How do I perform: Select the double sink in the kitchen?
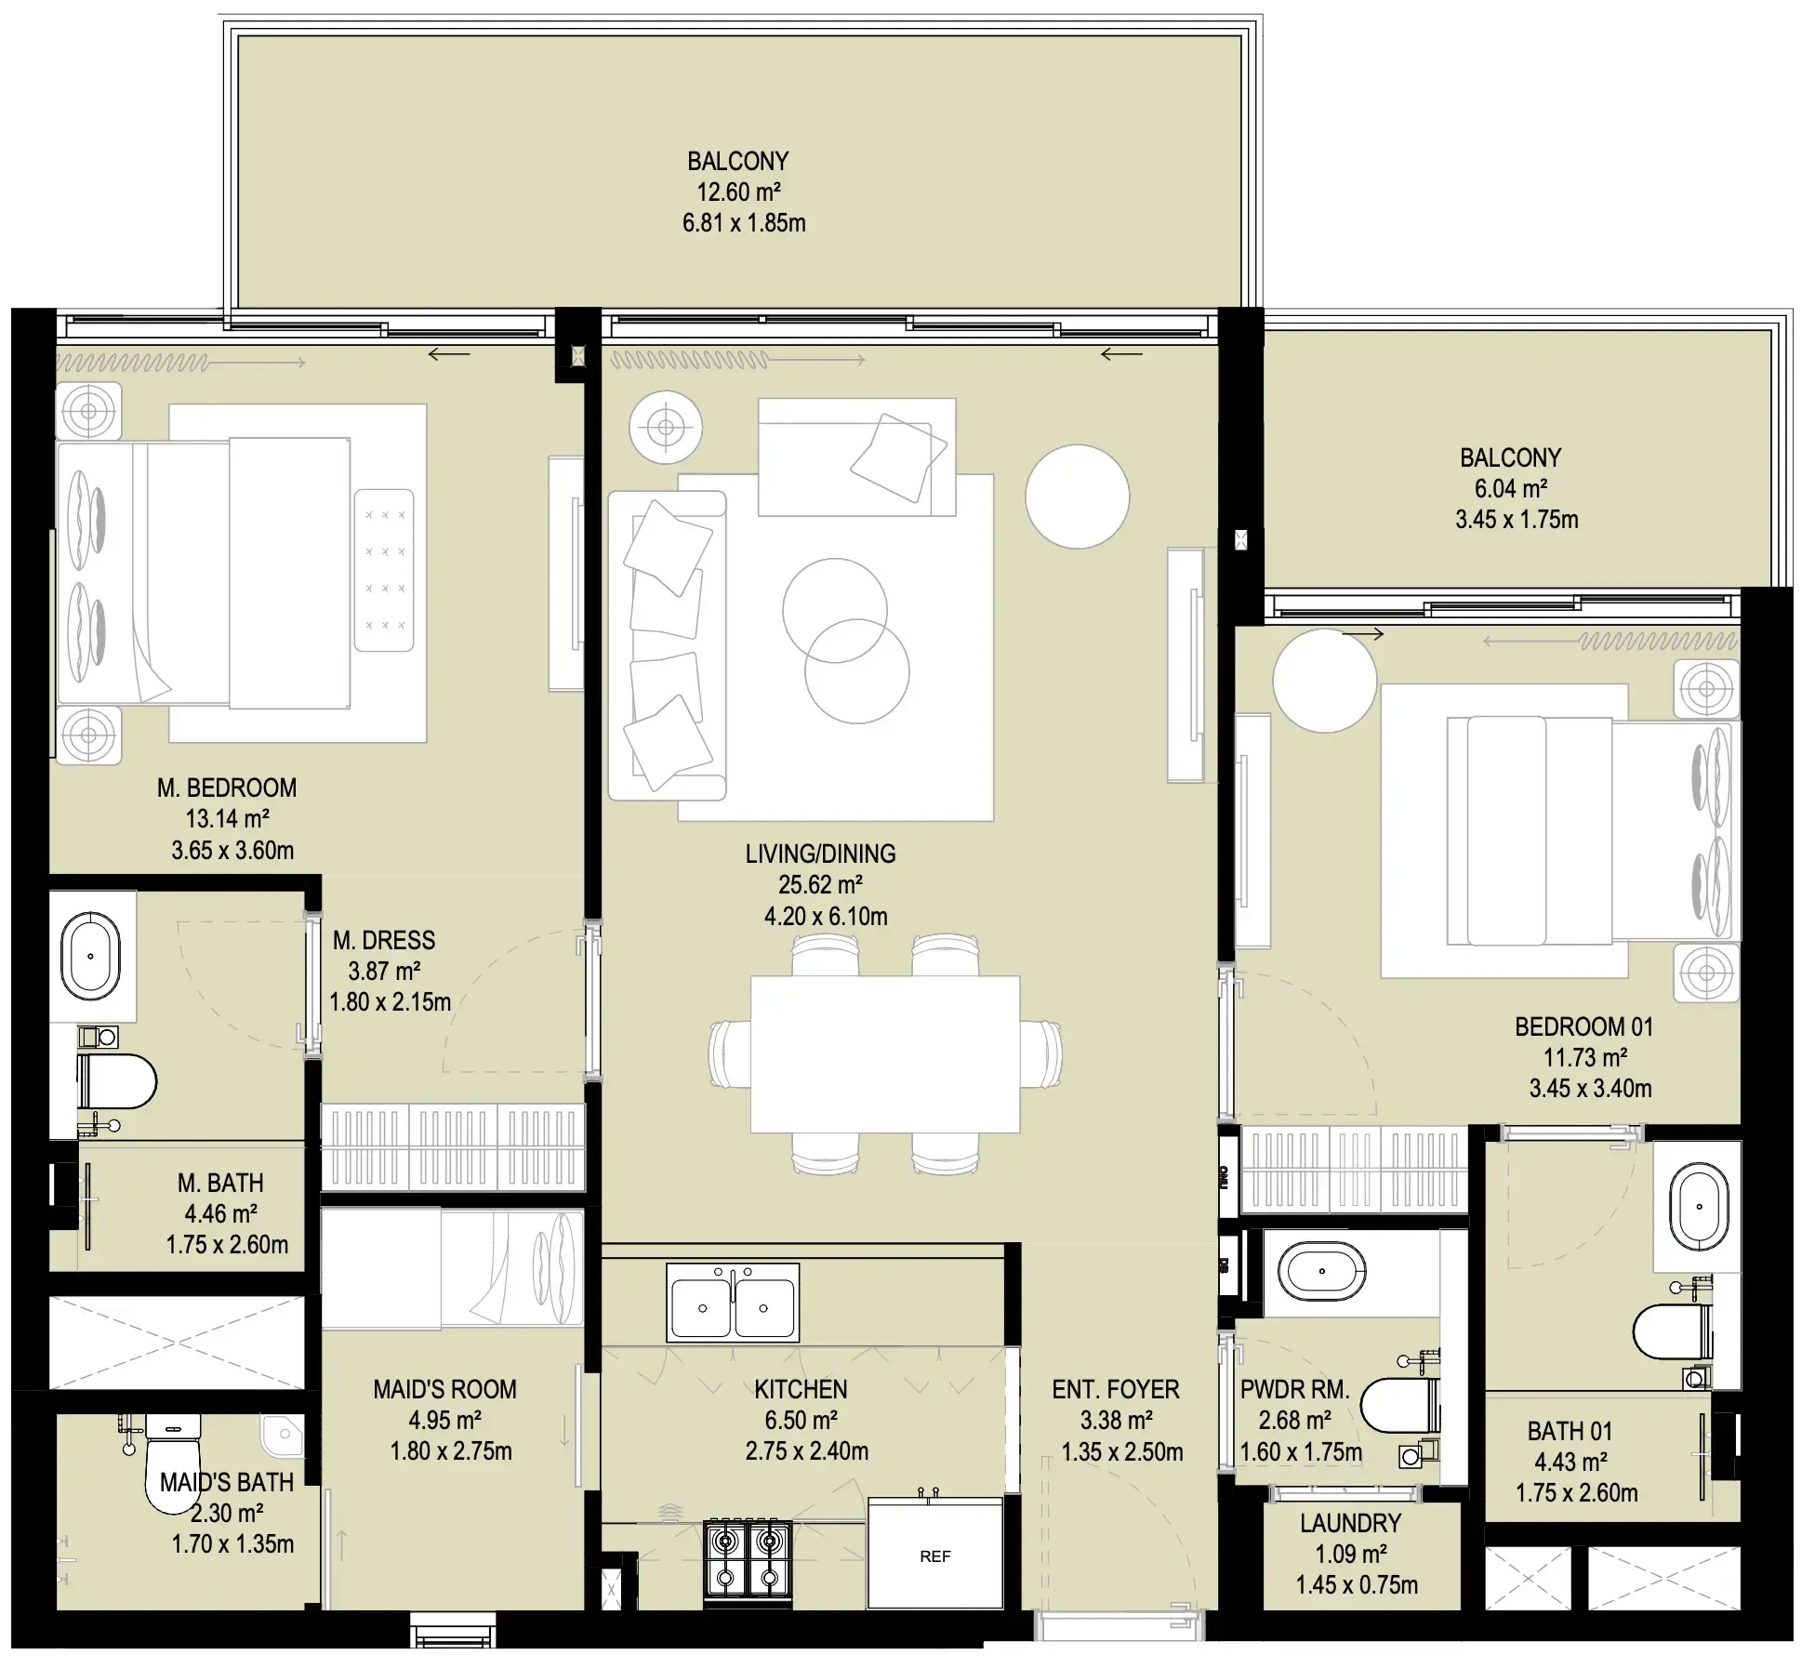(733, 1302)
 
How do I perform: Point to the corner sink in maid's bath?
(281, 1437)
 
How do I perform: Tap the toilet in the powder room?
(1399, 1404)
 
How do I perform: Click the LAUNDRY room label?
(1350, 1523)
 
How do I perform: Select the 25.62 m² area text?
(820, 884)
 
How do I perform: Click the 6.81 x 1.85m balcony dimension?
(744, 223)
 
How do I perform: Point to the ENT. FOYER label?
(1115, 1389)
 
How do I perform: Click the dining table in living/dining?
(884, 1053)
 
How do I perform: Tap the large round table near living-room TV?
(1077, 496)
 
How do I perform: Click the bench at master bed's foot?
(384, 570)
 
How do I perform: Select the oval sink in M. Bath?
(90, 956)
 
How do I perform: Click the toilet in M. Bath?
(119, 1081)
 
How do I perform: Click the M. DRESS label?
(384, 940)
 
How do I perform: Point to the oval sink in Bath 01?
(1699, 1207)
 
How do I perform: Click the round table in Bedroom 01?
(1324, 681)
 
